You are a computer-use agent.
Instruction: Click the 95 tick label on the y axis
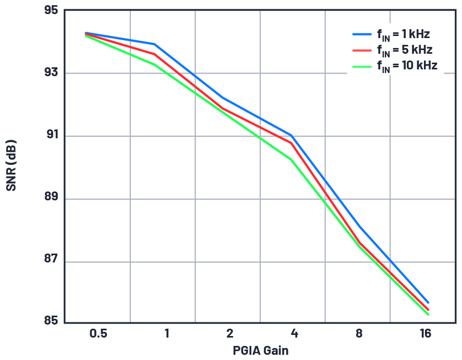(x=51, y=10)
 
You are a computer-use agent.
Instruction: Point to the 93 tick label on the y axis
(x=51, y=73)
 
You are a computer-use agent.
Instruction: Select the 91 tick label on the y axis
(x=51, y=136)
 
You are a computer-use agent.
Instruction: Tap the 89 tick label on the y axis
(x=51, y=199)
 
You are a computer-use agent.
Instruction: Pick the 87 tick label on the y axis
(x=51, y=262)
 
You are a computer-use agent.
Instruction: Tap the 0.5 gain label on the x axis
(x=98, y=333)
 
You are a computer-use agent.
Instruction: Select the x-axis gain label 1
(x=166, y=333)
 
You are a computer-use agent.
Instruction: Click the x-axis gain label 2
(x=229, y=333)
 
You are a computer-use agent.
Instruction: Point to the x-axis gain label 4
(x=295, y=333)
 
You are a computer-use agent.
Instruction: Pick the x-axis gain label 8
(x=359, y=333)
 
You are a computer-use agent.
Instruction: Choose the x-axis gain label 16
(x=425, y=333)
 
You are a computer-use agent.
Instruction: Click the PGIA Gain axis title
(x=260, y=350)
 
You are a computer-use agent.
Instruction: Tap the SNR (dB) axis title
(x=11, y=165)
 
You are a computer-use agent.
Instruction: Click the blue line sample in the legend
(x=362, y=34)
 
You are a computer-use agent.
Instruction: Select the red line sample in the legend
(x=362, y=50)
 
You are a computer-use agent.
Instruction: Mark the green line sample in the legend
(x=362, y=66)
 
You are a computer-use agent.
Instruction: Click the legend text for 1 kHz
(x=403, y=35)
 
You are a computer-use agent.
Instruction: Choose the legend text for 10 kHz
(x=407, y=66)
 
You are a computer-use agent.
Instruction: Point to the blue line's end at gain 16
(x=428, y=303)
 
